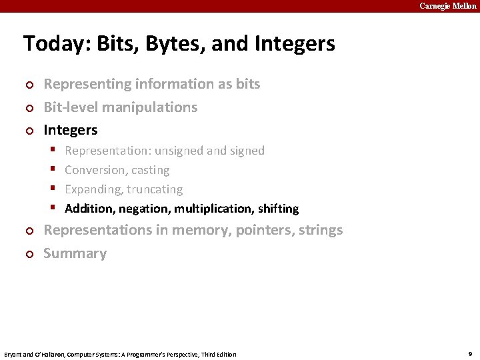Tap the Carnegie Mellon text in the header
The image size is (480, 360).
coord(447,6)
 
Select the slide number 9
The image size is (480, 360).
coord(470,353)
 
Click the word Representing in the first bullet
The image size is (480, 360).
coord(87,84)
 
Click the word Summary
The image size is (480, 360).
coord(75,253)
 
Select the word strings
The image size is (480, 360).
coord(323,230)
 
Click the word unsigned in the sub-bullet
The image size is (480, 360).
coord(179,151)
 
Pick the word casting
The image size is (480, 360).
coord(151,170)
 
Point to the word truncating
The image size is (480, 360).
coord(153,189)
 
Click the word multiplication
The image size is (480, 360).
coord(213,209)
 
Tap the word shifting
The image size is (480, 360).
coord(278,209)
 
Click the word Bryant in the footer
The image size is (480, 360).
coord(15,354)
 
